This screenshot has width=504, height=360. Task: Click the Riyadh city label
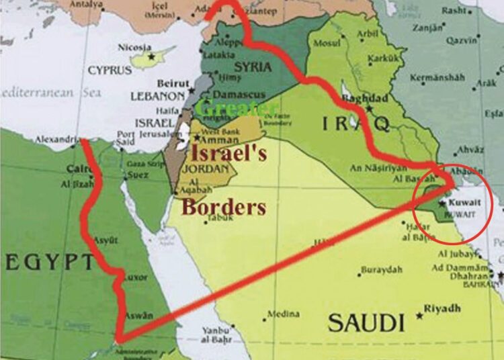click(444, 309)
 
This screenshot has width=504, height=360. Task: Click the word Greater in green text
click(237, 107)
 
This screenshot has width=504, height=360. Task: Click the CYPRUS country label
click(111, 70)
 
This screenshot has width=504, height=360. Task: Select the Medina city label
click(283, 314)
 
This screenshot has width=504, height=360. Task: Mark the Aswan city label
click(139, 316)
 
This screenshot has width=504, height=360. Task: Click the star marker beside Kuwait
click(443, 202)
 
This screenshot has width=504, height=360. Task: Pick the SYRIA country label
click(253, 67)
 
